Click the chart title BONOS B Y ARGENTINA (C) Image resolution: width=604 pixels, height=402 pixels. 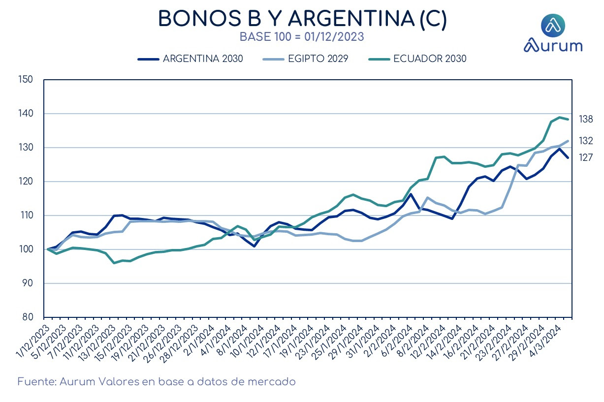[x=302, y=18]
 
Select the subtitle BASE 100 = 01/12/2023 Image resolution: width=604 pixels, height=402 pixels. [x=302, y=37]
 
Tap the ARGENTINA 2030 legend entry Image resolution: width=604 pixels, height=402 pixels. [x=191, y=59]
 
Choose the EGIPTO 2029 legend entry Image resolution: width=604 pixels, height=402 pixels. [x=306, y=59]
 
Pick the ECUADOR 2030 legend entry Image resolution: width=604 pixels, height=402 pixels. [x=417, y=59]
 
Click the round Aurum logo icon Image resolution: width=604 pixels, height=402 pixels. [x=553, y=25]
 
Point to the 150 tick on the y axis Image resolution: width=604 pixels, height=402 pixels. [x=25, y=80]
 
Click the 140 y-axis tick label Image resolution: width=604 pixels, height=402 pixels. [x=25, y=114]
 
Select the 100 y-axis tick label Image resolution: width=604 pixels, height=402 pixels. [x=25, y=249]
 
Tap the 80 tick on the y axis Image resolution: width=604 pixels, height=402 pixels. [x=28, y=317]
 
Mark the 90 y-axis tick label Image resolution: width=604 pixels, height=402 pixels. [x=28, y=283]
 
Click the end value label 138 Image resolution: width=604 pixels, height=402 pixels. [x=586, y=119]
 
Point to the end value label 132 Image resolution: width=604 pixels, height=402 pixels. [x=586, y=141]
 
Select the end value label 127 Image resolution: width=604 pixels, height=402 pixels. [x=586, y=157]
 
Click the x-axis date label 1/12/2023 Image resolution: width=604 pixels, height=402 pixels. [x=33, y=341]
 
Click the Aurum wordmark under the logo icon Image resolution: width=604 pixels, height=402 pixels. [x=553, y=46]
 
